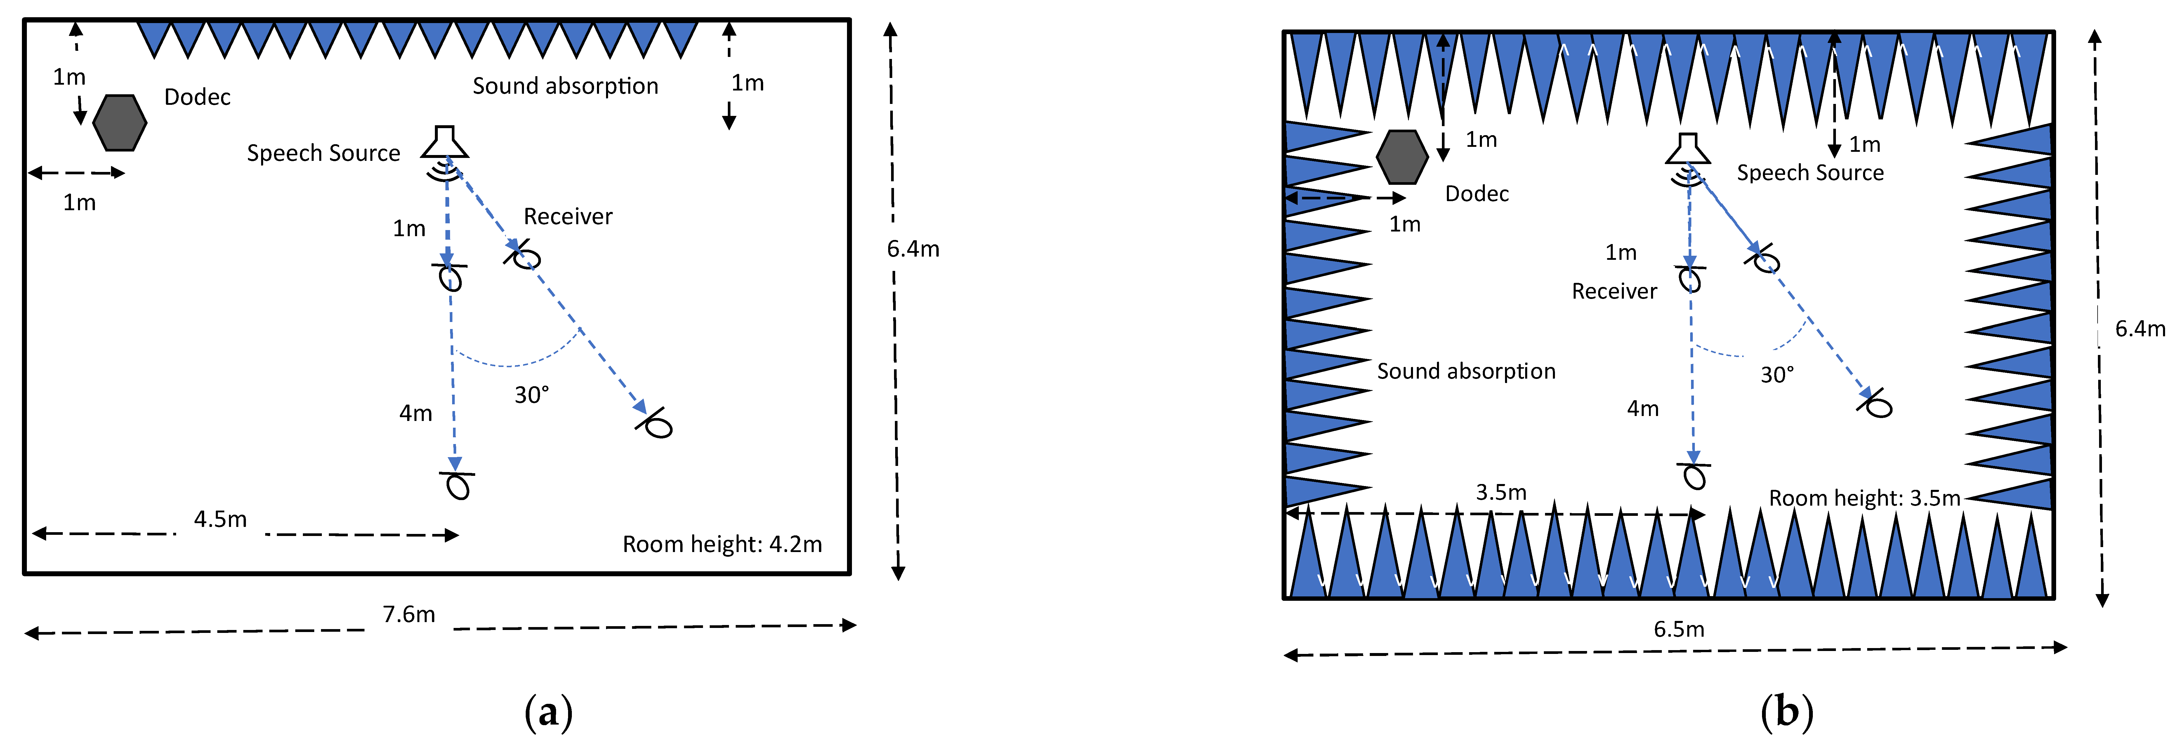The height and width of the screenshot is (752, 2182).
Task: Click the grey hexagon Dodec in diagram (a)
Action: [x=119, y=123]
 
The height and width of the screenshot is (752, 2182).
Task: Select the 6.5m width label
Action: [x=1679, y=629]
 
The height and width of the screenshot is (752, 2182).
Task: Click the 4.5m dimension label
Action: [x=220, y=519]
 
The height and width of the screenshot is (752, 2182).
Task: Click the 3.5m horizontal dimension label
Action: [x=1501, y=492]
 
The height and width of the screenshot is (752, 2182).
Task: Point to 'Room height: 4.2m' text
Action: [x=722, y=544]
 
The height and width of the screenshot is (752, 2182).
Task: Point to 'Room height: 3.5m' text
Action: [x=1864, y=498]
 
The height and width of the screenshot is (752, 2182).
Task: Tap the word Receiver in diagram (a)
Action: [x=567, y=217]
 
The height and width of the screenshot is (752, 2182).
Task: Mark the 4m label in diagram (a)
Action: [x=416, y=413]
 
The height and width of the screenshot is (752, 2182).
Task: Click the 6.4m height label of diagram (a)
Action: [x=913, y=249]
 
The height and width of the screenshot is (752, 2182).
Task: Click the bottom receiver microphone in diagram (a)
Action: [x=457, y=485]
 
